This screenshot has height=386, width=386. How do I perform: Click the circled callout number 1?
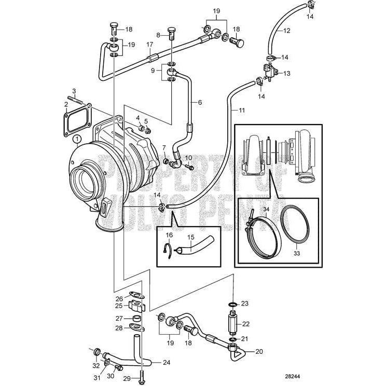[77, 139]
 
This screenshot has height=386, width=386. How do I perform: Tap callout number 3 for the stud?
[74, 91]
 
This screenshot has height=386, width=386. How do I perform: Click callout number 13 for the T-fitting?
[287, 74]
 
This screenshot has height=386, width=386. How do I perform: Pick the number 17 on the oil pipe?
[150, 45]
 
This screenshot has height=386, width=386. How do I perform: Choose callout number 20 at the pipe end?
[259, 351]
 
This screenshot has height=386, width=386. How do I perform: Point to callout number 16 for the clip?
[168, 235]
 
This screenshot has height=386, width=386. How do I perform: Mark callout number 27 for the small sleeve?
[119, 319]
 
